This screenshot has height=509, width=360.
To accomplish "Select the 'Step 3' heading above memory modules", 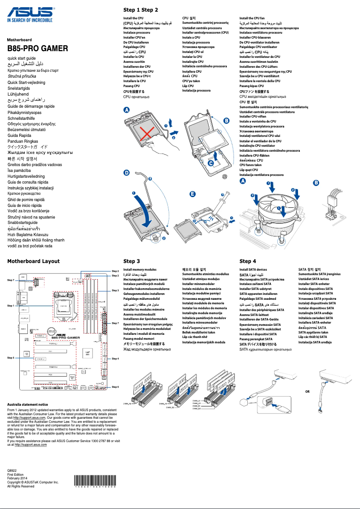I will pyautogui.click(x=132, y=261).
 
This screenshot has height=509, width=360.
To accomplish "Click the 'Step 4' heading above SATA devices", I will pyautogui.click(x=248, y=261).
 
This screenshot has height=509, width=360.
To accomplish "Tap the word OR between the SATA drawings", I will pyautogui.click(x=307, y=391).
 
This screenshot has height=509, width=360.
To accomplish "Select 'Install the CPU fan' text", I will pyautogui.click(x=252, y=18).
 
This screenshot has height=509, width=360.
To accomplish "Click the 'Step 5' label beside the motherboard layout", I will pyautogui.click(x=11, y=358).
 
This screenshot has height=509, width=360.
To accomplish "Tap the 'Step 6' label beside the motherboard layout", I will pyautogui.click(x=115, y=387).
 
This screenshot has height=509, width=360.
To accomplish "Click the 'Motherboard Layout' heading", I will pyautogui.click(x=34, y=261).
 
